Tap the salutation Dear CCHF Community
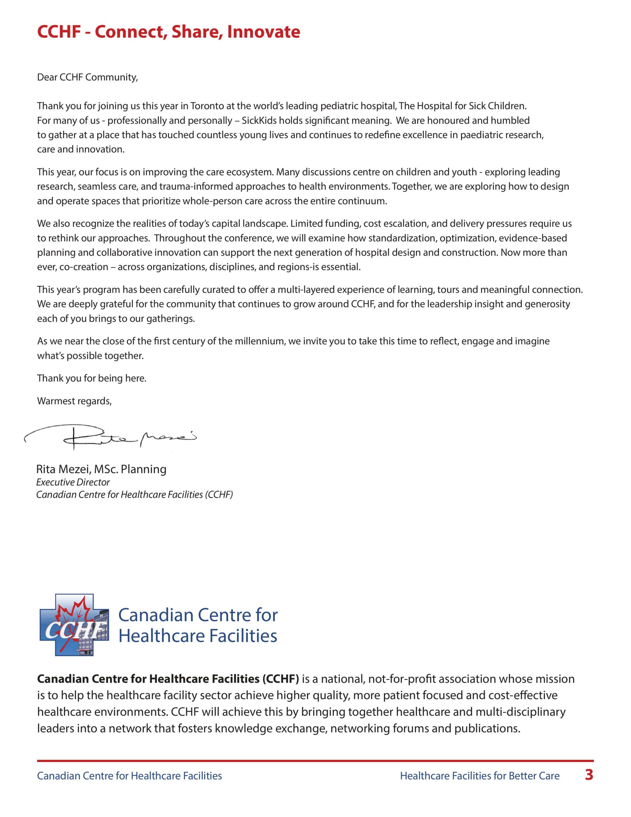click(87, 78)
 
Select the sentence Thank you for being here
click(92, 378)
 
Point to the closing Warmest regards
click(74, 401)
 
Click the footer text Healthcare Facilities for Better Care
click(480, 776)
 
